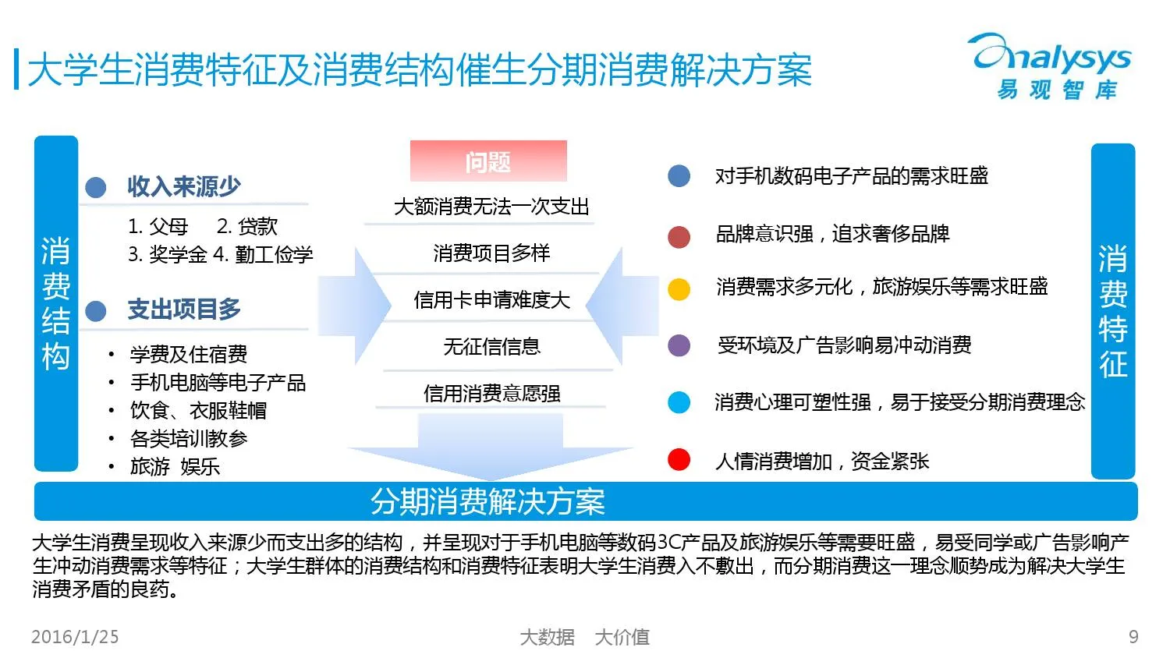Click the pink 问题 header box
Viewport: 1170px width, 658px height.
[488, 161]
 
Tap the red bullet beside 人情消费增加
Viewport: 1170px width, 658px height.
[679, 460]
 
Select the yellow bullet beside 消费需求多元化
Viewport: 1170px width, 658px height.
[679, 288]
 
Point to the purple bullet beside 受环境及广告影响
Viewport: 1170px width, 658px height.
[679, 345]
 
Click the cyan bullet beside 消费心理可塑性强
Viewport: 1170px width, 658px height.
[679, 402]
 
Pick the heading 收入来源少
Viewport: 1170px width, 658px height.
[184, 187]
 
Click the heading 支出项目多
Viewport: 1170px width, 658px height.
[184, 310]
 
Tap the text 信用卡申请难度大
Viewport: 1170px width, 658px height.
[491, 300]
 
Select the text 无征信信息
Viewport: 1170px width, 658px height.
[491, 346]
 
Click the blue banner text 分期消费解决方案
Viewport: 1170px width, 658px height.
[487, 501]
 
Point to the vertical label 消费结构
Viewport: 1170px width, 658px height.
[56, 304]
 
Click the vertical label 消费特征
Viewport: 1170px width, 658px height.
[1113, 311]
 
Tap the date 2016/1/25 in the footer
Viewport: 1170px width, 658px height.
[75, 637]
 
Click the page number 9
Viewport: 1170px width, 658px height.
[1133, 637]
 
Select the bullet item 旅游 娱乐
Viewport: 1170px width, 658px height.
[175, 466]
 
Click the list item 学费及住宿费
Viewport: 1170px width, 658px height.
[189, 355]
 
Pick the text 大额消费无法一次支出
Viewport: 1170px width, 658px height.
[491, 207]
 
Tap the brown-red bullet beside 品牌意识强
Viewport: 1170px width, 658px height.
[679, 236]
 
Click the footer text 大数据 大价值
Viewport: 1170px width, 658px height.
[584, 637]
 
